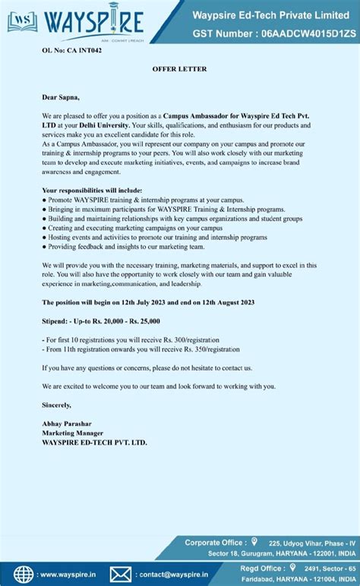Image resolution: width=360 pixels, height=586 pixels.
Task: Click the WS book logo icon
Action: pos(22,22)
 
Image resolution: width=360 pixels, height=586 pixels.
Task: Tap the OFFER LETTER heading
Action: pos(179,69)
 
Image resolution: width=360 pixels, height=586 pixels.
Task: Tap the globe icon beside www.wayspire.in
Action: pos(24,574)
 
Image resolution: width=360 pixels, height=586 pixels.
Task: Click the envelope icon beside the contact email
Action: pos(121,574)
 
